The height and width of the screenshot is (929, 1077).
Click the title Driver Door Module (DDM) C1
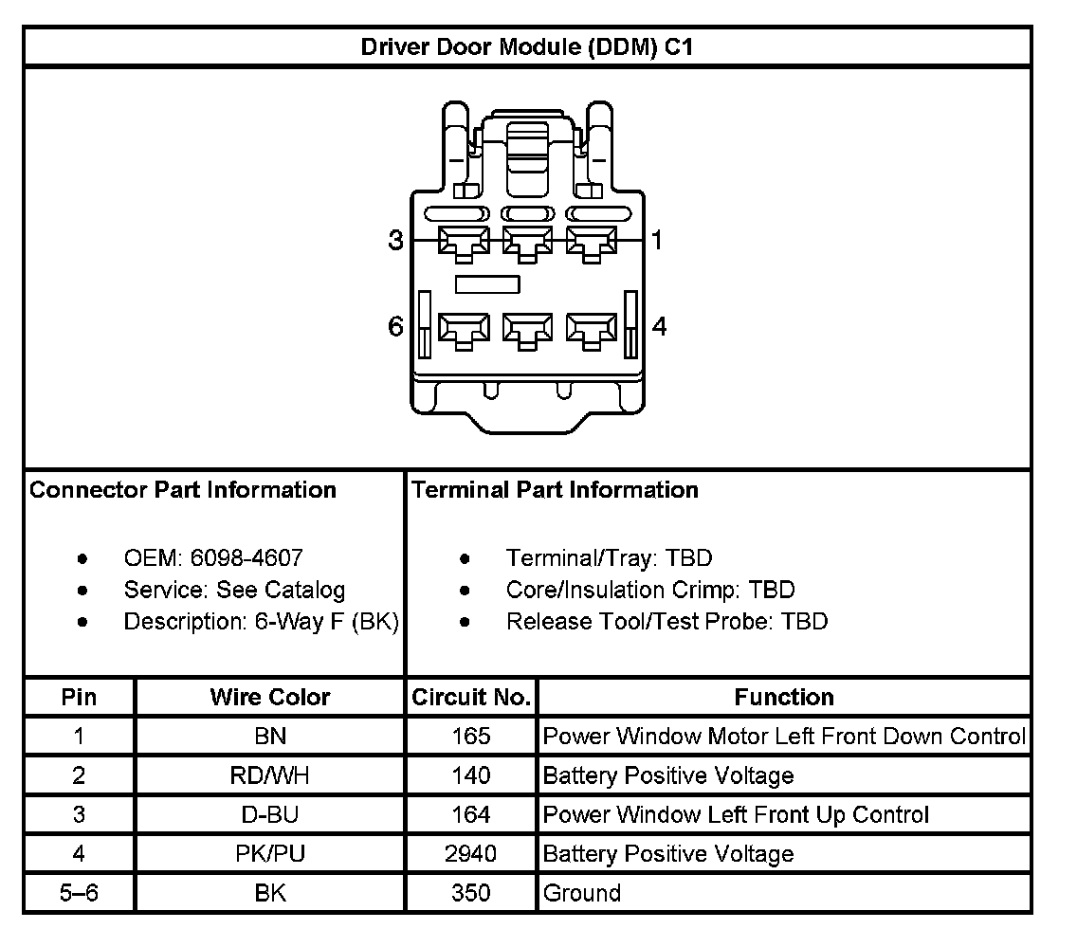[x=527, y=47]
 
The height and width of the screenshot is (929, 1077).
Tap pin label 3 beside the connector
[x=396, y=241]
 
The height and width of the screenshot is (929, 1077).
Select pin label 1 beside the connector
[x=657, y=241]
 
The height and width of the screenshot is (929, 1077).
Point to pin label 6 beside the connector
[x=396, y=327]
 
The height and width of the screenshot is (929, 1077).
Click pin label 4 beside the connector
[x=660, y=327]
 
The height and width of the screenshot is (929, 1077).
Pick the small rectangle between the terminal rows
[x=487, y=283]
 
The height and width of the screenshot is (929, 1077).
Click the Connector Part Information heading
[x=183, y=490]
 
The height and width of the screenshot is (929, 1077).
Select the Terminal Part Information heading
[x=555, y=490]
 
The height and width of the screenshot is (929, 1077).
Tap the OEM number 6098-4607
[x=246, y=558]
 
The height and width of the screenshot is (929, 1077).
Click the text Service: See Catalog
[x=234, y=590]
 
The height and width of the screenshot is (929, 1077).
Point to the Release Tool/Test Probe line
[x=666, y=622]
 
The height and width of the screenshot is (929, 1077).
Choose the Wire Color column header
[x=270, y=698]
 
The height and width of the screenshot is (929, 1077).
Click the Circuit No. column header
[x=471, y=698]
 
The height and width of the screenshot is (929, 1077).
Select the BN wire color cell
[x=270, y=737]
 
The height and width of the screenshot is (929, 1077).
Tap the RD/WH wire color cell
[x=270, y=776]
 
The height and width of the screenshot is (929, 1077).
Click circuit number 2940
[x=471, y=854]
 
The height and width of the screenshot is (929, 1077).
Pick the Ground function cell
[x=581, y=893]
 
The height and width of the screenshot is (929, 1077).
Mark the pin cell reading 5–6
[x=79, y=893]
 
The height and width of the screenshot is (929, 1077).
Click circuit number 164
[x=471, y=815]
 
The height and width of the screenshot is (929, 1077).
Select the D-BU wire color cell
[x=270, y=815]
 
